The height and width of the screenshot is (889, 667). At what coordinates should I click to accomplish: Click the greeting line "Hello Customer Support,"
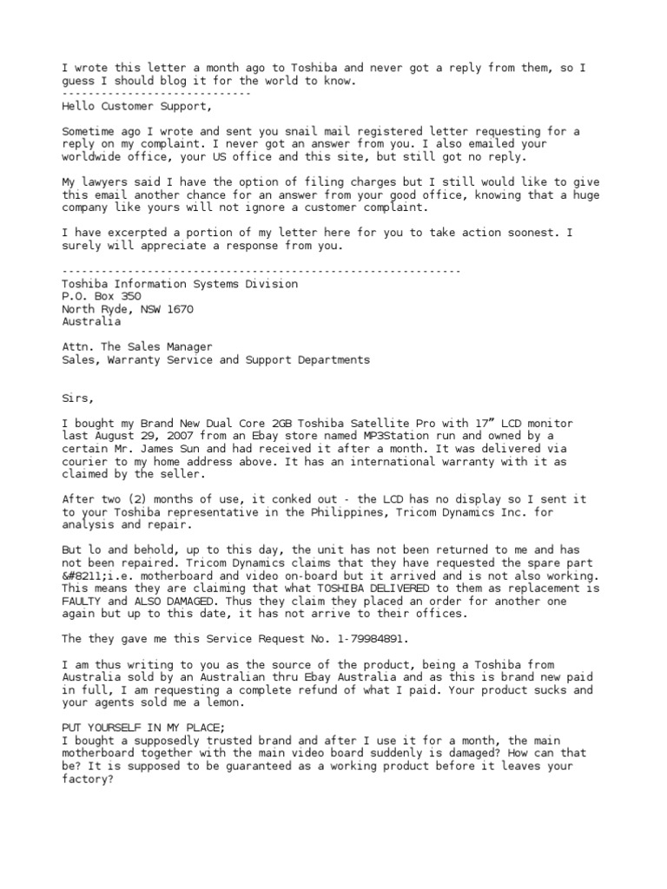coord(136,107)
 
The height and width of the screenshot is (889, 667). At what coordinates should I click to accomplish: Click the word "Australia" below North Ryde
coord(91,321)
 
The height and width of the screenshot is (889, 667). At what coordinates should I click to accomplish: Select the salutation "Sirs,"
coord(79,397)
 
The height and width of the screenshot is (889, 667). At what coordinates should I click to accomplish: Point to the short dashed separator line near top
coord(156,94)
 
